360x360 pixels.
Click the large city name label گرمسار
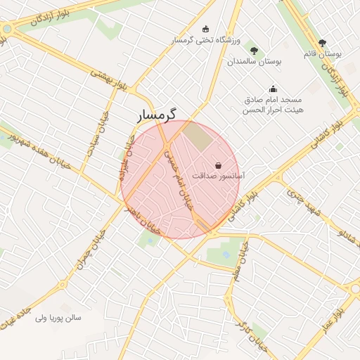tap(157, 113)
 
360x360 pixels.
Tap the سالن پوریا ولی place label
tap(58, 318)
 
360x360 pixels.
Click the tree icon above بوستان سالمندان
tap(254, 51)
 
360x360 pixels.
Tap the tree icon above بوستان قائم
tap(323, 43)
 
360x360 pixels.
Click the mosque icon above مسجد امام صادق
tap(273, 89)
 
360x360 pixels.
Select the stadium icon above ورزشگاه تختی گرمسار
tap(205, 29)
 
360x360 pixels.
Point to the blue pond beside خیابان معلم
tap(226, 251)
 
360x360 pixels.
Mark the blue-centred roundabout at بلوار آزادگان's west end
tap(6, 30)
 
